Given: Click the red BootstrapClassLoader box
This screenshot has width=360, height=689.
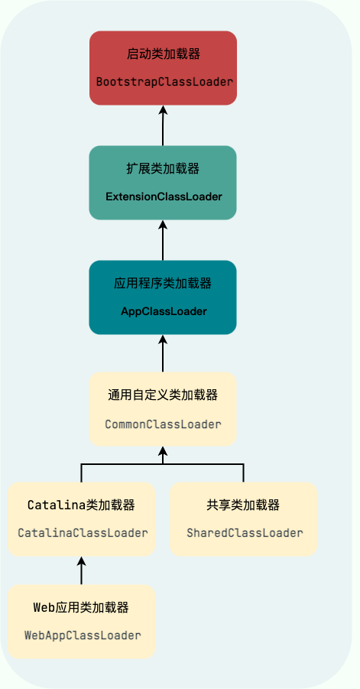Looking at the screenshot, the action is click(x=163, y=67).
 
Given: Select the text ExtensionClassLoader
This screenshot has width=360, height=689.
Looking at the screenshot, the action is click(x=164, y=197).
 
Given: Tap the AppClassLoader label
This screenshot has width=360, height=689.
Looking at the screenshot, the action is click(x=164, y=311).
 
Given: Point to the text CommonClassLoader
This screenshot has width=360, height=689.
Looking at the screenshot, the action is click(x=163, y=424).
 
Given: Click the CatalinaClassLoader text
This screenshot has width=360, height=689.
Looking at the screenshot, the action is click(x=83, y=533).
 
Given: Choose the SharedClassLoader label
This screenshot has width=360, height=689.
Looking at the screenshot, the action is click(x=245, y=533).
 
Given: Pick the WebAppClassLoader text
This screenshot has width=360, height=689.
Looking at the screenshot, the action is click(x=83, y=635).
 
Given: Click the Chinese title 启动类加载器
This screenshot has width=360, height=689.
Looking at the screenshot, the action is click(x=164, y=54).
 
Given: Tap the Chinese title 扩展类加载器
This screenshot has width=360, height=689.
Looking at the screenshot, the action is click(x=163, y=169).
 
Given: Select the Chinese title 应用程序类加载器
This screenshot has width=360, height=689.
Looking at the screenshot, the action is click(x=163, y=284).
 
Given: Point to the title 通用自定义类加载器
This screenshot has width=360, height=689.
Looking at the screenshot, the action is click(x=163, y=395).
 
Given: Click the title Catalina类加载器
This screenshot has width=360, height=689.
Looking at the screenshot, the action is click(x=81, y=505).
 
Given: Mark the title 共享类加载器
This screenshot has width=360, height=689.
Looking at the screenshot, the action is click(x=243, y=505).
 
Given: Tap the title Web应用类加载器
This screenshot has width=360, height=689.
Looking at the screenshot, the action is click(x=81, y=608).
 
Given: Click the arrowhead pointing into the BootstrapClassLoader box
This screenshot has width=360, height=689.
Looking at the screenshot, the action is click(x=163, y=110).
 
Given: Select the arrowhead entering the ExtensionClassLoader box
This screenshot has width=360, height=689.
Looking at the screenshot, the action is click(x=163, y=225).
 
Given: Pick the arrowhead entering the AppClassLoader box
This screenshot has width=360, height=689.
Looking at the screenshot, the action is click(x=163, y=340).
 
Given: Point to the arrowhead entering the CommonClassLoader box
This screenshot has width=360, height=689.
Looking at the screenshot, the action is click(x=163, y=451).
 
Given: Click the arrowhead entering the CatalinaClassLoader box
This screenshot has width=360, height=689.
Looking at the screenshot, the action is click(x=81, y=561).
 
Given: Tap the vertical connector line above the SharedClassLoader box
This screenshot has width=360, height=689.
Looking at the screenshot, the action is click(x=243, y=473).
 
